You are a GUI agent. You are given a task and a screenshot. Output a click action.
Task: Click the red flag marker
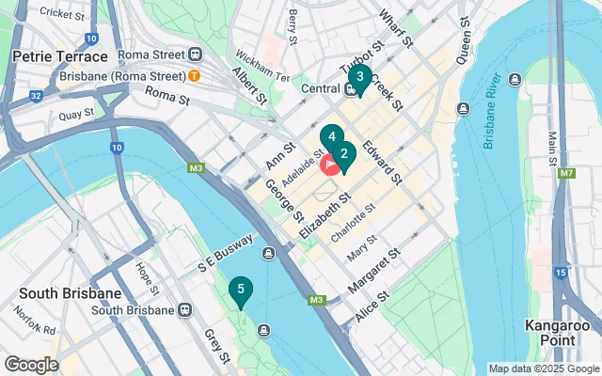(331, 165)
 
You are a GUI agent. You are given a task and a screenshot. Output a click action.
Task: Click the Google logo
(31, 364)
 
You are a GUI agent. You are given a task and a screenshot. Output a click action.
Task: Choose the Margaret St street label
(374, 268)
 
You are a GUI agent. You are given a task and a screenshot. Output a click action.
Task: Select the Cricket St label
(64, 14)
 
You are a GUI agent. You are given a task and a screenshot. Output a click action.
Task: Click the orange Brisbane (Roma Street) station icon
(194, 74)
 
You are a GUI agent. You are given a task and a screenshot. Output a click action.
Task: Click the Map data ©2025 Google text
(543, 368)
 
